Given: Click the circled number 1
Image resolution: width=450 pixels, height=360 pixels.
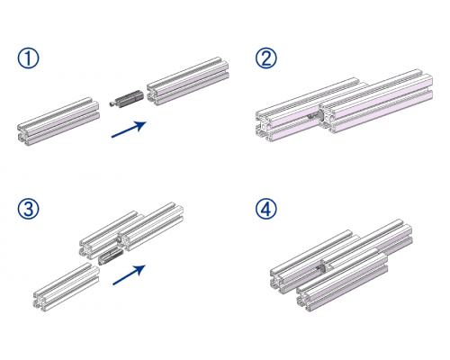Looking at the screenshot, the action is (x=28, y=58).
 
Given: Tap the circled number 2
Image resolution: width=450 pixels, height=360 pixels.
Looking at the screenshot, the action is (x=266, y=58).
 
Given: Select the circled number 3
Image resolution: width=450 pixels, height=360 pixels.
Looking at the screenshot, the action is (x=28, y=209).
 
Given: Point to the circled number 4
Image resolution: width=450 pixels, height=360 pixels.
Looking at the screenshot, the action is (x=266, y=209).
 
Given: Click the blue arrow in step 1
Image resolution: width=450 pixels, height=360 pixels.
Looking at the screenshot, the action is (x=129, y=130).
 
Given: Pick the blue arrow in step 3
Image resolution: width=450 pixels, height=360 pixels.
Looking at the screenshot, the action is (x=130, y=274).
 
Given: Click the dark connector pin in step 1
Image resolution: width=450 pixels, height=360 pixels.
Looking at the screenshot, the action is (x=126, y=98).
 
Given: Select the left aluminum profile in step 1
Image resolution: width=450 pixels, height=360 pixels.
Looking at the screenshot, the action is (x=58, y=121).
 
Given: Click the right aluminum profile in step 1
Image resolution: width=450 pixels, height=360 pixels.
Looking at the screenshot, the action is (x=188, y=81).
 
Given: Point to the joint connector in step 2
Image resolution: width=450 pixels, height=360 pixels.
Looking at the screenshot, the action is (x=316, y=117).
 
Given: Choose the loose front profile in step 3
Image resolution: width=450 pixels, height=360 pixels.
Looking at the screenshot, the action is (x=66, y=287).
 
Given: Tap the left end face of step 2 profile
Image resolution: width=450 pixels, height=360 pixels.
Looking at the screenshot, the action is (x=263, y=126).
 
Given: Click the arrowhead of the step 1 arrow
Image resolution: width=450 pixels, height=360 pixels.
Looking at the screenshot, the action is (x=141, y=124).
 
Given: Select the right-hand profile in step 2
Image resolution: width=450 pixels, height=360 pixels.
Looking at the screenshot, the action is (x=376, y=102).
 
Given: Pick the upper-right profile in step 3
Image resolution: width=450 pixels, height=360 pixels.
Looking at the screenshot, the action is (x=150, y=227).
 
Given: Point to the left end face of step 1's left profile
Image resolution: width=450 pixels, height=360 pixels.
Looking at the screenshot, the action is (x=23, y=135).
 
